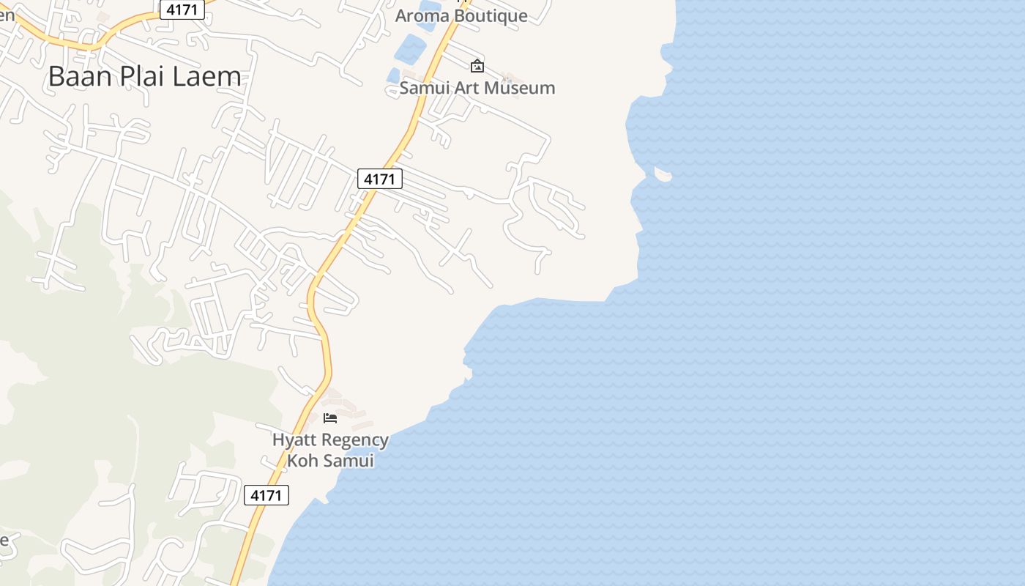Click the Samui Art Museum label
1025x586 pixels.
tap(477, 88)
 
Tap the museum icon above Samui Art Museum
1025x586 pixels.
tap(477, 66)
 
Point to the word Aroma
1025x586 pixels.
tap(421, 15)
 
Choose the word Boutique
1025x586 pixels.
tap(490, 15)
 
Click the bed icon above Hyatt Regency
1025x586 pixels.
tap(330, 418)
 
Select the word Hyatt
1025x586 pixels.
tap(295, 440)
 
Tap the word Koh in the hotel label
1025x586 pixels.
tap(300, 461)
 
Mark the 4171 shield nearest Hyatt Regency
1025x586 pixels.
tap(266, 495)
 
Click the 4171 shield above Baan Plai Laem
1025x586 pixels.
tap(182, 9)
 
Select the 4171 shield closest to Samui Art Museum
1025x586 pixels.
tap(380, 179)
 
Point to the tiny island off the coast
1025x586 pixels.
tap(663, 174)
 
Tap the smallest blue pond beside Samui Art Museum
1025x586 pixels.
tap(393, 75)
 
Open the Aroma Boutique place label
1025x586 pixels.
tap(461, 15)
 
